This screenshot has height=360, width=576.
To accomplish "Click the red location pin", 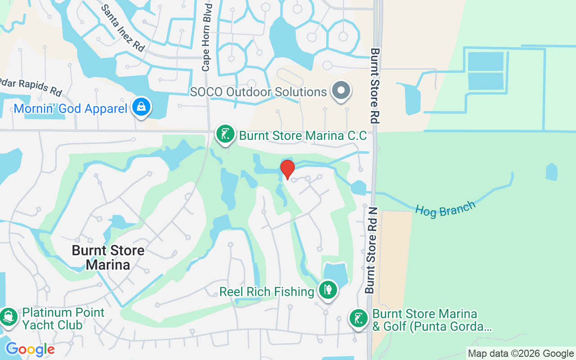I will tap(287, 169).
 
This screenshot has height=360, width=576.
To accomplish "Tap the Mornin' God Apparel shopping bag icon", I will tap(142, 108).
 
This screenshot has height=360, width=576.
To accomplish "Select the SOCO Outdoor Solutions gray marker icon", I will tap(342, 90).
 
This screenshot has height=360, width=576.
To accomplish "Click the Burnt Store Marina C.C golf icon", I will tap(225, 134).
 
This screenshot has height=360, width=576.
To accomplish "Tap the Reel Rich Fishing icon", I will tap(328, 290).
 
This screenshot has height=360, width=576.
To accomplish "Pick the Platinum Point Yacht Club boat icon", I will tap(9, 317).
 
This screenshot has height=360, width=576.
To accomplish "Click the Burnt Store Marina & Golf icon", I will tap(358, 319).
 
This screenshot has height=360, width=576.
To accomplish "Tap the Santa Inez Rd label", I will tap(122, 28).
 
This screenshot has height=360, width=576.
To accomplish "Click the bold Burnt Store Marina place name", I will tap(108, 257).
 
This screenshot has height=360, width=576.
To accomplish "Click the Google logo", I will tap(30, 349).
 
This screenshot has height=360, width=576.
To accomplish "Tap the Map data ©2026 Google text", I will tap(521, 354).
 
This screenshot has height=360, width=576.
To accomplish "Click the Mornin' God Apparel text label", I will tap(71, 108).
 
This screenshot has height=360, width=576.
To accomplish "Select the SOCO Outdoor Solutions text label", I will tap(258, 92).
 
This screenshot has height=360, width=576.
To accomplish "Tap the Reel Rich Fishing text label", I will tap(267, 292).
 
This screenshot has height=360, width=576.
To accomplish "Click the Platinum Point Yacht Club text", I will tap(63, 318).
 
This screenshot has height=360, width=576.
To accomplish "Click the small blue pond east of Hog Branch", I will tap(552, 172).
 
